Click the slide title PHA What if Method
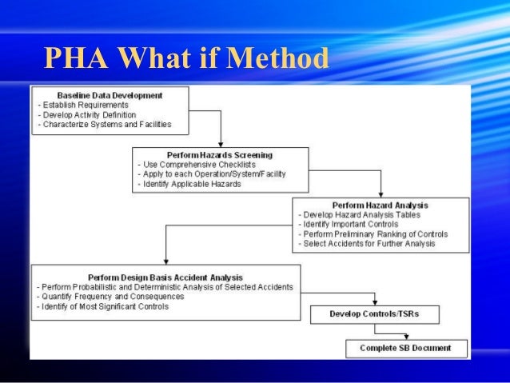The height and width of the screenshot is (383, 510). click(x=185, y=59)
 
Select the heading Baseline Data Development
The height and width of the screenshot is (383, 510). click(x=110, y=95)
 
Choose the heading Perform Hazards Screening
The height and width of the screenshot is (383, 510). click(x=220, y=154)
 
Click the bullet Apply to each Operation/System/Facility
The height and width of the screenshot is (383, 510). click(x=212, y=174)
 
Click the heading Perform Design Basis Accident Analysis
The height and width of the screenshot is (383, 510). click(x=165, y=276)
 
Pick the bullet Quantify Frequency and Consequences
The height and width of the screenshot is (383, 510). click(x=110, y=296)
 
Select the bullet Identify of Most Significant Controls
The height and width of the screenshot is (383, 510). click(x=103, y=306)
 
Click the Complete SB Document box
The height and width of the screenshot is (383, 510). click(x=405, y=348)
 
